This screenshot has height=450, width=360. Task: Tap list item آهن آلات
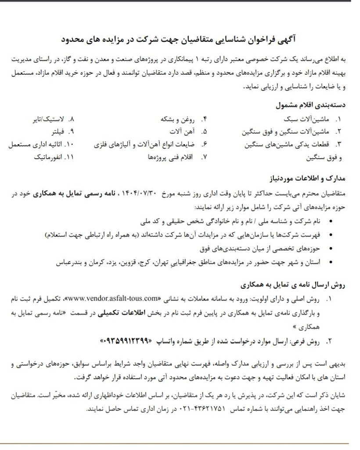click(182, 132)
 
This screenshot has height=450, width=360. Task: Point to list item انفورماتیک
click(46, 156)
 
